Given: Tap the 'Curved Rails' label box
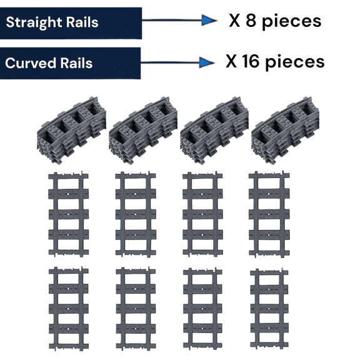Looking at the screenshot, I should pos(71,63).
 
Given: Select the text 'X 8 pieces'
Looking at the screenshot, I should pos(275,21).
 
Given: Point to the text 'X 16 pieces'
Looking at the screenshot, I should pos(275,61).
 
